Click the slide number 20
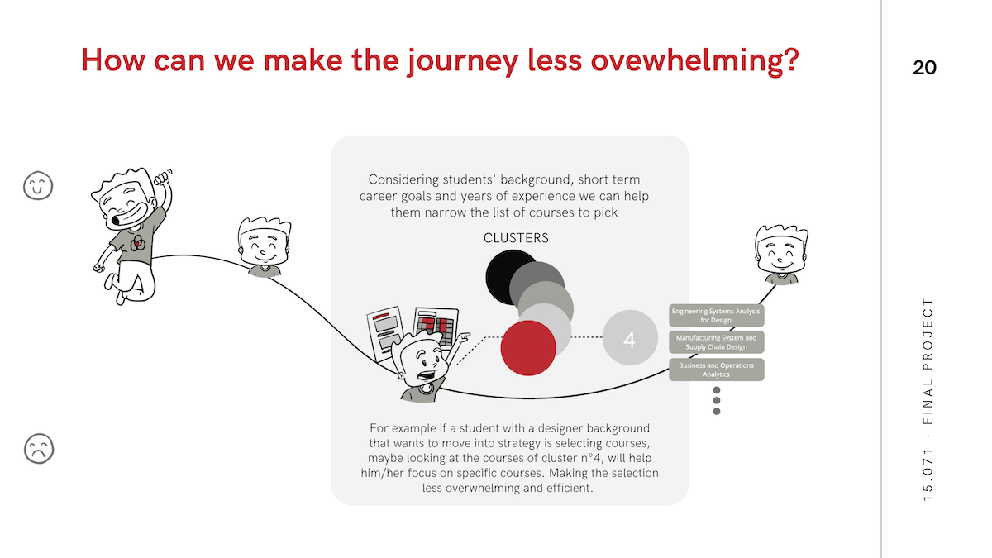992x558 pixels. pos(924,68)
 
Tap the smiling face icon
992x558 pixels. pos(38,185)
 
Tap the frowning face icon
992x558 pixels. pos(39,449)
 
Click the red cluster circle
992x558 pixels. pos(528,348)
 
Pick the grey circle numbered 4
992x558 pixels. pos(630,337)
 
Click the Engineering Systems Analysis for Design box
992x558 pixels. pos(716,315)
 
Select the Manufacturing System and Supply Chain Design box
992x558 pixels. pos(716,342)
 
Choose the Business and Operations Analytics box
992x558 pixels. pos(716,370)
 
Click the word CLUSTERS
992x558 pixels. pos(516,238)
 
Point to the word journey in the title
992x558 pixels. pos(462,61)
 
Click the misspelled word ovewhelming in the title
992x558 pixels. pos(695,61)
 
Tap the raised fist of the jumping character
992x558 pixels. pos(162,177)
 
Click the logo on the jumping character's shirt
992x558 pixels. pos(137,243)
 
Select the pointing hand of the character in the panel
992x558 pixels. pos(463,337)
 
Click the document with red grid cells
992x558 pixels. pos(435,327)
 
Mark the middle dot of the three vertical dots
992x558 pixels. pos(717,400)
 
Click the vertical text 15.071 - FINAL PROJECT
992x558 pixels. pos(928,399)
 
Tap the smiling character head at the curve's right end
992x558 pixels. pos(781,255)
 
